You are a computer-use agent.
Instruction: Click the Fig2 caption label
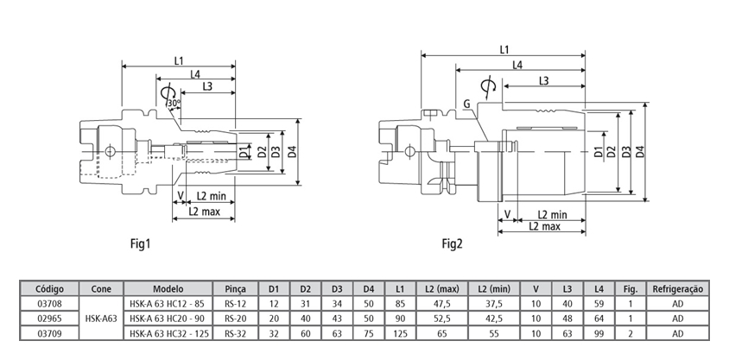453,243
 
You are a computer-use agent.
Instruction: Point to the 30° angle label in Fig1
174,104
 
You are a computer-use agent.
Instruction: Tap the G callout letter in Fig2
466,104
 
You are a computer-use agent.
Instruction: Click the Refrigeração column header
678,288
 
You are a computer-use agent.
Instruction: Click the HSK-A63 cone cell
101,318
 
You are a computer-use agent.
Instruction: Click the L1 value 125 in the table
400,333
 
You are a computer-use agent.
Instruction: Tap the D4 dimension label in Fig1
292,153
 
